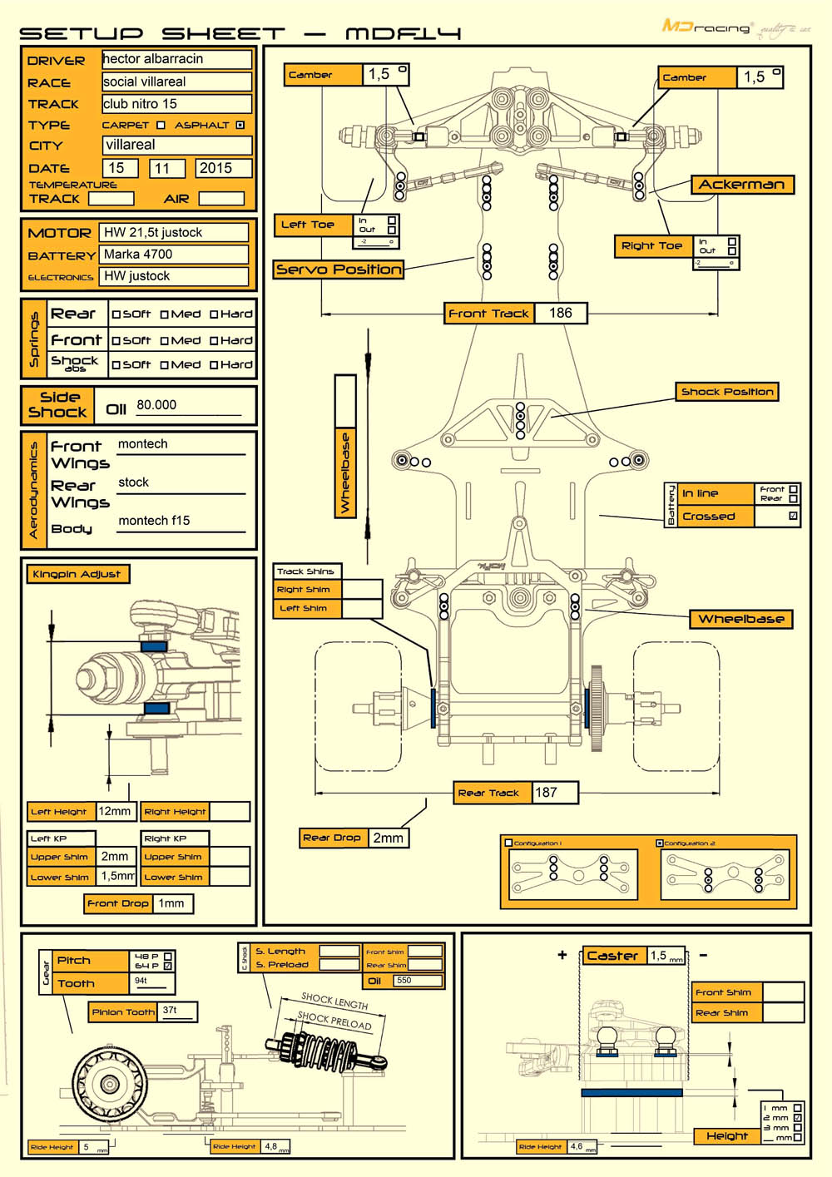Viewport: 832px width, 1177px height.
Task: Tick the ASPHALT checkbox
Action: coord(240,125)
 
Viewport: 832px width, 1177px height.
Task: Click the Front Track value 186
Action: coord(561,313)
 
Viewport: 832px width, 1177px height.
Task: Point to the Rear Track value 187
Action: coord(547,793)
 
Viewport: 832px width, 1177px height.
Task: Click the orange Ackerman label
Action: coord(741,185)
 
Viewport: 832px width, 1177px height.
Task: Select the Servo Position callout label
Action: coord(339,270)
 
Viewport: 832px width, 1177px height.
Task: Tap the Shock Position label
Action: coord(727,392)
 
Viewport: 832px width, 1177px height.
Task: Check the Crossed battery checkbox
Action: coord(793,516)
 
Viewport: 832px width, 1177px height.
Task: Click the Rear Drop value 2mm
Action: coord(388,838)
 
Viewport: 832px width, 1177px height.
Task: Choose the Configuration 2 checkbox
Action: coord(660,843)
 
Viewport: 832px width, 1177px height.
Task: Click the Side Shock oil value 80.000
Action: coord(157,405)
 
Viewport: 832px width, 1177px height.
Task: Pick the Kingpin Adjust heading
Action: coord(77,574)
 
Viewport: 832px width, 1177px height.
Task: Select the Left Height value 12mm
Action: coord(115,811)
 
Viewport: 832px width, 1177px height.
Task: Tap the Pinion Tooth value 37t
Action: coord(171,1011)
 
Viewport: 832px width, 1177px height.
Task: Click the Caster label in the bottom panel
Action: coord(612,956)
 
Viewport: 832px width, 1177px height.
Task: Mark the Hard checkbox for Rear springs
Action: coord(214,314)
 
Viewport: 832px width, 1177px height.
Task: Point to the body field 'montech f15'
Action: coord(155,521)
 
